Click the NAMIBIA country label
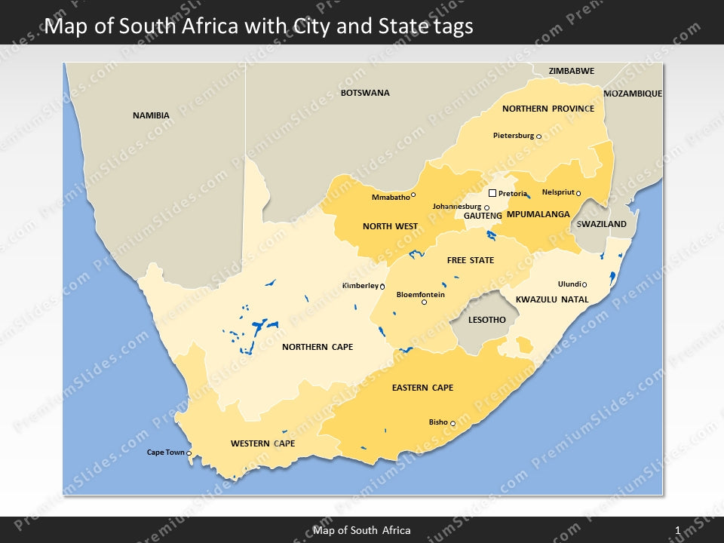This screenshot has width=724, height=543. (x=151, y=115)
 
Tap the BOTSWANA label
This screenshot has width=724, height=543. (x=365, y=93)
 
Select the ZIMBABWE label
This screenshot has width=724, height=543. (x=571, y=71)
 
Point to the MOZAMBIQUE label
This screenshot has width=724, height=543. (x=633, y=94)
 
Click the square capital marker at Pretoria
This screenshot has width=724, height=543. (x=492, y=193)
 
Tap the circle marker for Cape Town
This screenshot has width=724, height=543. (x=189, y=453)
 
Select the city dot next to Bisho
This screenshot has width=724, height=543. (x=452, y=424)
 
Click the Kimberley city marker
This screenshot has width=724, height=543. (x=382, y=287)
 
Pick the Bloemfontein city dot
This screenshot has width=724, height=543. (x=424, y=302)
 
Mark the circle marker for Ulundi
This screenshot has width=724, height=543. (x=584, y=284)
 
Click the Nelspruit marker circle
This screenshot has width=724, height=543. (x=578, y=193)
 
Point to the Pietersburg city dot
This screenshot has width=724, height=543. (x=538, y=137)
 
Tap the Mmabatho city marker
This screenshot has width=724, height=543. (x=413, y=195)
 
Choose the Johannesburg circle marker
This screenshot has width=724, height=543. (x=486, y=207)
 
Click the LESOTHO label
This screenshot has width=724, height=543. (x=486, y=320)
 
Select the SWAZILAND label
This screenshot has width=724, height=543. (x=601, y=224)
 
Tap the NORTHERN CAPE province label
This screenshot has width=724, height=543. (x=317, y=347)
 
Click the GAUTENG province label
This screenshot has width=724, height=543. (x=483, y=216)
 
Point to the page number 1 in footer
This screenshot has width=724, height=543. (x=677, y=530)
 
